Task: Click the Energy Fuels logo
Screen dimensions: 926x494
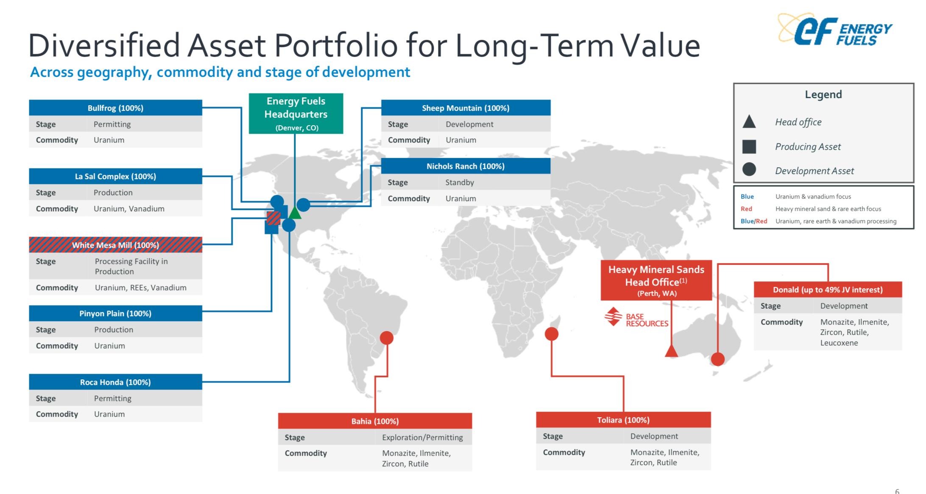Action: (835, 29)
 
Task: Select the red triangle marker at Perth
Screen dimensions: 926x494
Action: (671, 351)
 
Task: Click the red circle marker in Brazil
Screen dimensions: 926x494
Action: (386, 338)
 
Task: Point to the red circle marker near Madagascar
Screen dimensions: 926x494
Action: (551, 334)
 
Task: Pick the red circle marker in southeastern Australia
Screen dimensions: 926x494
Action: (717, 359)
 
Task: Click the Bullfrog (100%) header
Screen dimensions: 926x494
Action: (115, 108)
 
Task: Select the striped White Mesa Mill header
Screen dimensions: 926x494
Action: (115, 245)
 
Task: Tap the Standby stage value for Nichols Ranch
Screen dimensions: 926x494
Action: (460, 182)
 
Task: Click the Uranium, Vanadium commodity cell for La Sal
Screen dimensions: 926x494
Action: (129, 209)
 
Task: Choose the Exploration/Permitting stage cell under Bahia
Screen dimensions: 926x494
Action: (422, 437)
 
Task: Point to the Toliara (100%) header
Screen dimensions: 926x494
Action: (623, 420)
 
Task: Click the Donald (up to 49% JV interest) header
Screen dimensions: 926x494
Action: (828, 289)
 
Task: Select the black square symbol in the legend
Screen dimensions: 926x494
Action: (749, 146)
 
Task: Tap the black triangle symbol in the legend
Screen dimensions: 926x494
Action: (749, 121)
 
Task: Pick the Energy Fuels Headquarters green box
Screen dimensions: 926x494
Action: (296, 114)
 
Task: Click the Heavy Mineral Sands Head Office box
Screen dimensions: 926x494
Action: (656, 281)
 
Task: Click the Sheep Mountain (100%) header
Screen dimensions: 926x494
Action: (466, 108)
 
